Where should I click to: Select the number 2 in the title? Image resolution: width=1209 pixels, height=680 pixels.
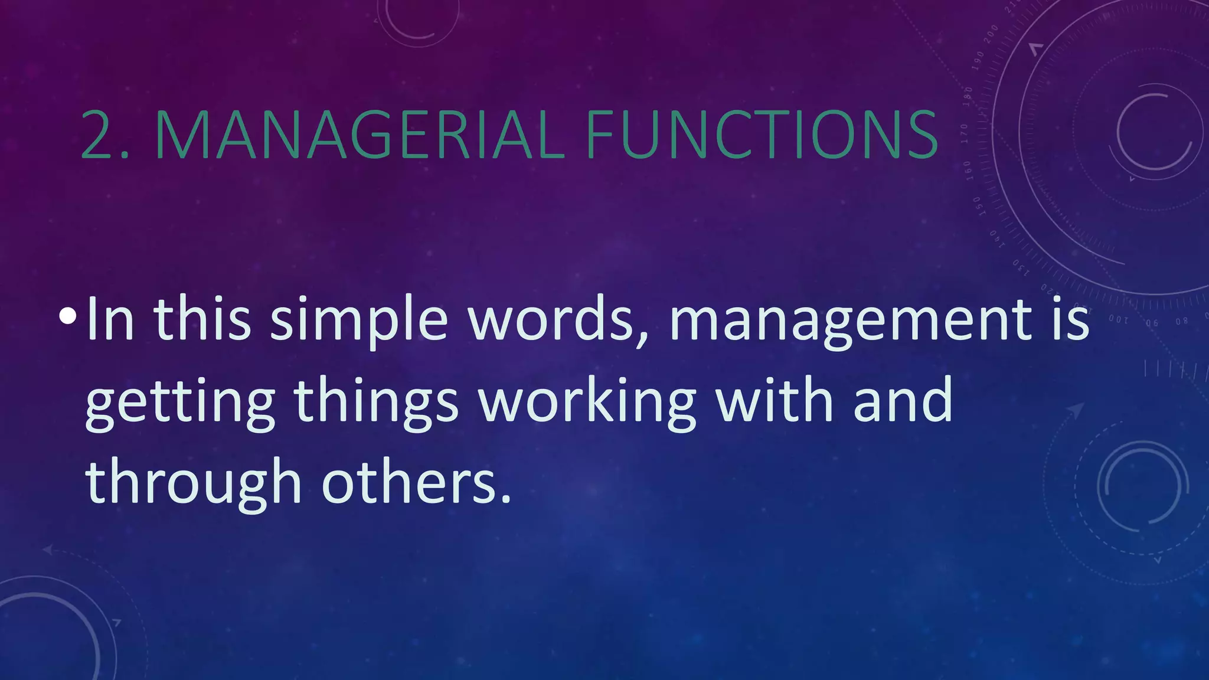tap(98, 136)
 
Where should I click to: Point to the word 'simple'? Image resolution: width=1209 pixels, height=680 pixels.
tap(359, 322)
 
